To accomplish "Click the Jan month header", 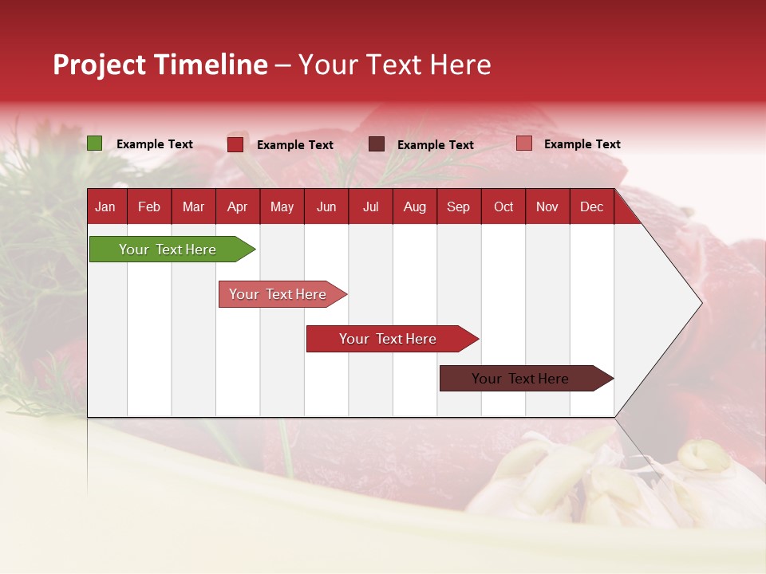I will (x=105, y=206).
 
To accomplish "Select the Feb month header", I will (x=149, y=206).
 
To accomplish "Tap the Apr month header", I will (x=237, y=206).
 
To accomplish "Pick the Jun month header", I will (x=326, y=206).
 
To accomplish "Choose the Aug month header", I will (x=414, y=206).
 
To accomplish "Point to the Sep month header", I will (x=458, y=206).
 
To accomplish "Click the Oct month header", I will (x=503, y=206).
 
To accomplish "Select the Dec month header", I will (x=591, y=206).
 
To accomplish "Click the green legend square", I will (x=95, y=143).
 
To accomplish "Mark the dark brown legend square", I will (x=377, y=143).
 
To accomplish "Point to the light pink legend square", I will (x=523, y=143).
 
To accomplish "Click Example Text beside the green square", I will (x=155, y=144).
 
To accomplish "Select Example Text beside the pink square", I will (x=582, y=144).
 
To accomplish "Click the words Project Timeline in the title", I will (x=160, y=65).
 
